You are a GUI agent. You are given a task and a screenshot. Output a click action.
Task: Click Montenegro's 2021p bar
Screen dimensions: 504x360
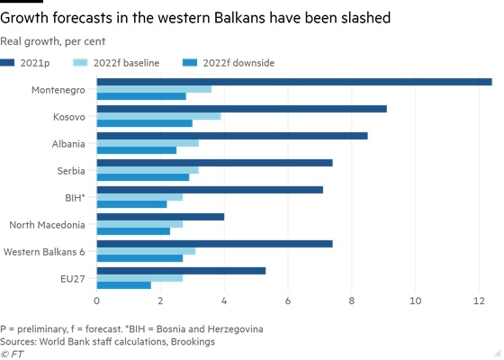click(x=294, y=82)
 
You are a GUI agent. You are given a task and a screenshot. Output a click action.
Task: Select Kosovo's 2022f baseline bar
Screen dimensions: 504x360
click(x=159, y=116)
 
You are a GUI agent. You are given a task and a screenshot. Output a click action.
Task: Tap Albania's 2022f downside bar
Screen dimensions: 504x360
click(x=137, y=150)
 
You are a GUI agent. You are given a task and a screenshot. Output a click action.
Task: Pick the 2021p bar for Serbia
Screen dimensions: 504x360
click(x=215, y=163)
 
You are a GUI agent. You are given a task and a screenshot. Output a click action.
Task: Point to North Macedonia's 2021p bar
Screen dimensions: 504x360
click(x=160, y=217)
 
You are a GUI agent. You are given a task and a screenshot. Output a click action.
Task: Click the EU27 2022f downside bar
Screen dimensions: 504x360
click(x=124, y=285)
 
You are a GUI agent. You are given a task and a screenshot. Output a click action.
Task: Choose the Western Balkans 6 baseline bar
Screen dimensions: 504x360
click(x=146, y=251)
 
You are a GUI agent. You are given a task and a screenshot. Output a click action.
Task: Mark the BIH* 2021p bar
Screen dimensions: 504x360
click(x=210, y=190)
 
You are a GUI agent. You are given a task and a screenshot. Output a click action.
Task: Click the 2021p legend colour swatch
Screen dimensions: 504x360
click(x=7, y=63)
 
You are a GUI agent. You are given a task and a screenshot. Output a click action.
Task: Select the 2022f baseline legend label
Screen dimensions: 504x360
click(x=126, y=63)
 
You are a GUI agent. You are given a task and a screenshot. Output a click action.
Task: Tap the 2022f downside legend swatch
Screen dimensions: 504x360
click(x=190, y=63)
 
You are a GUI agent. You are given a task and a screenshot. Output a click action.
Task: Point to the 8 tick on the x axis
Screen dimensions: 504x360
click(x=351, y=301)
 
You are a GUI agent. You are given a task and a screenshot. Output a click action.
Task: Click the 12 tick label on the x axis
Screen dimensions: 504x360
click(x=479, y=301)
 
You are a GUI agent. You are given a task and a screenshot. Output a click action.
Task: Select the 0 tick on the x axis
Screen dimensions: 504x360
click(x=97, y=301)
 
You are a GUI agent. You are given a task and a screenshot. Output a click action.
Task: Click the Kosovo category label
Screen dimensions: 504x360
click(x=69, y=117)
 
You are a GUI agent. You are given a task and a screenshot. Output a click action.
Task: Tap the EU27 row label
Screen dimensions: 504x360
click(x=73, y=279)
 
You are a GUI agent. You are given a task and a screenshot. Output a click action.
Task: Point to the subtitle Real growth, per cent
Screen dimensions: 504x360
click(x=53, y=41)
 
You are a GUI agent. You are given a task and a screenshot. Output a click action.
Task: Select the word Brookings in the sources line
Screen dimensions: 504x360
click(x=193, y=342)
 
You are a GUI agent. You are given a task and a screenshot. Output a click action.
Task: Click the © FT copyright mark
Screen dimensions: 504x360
click(x=12, y=355)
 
